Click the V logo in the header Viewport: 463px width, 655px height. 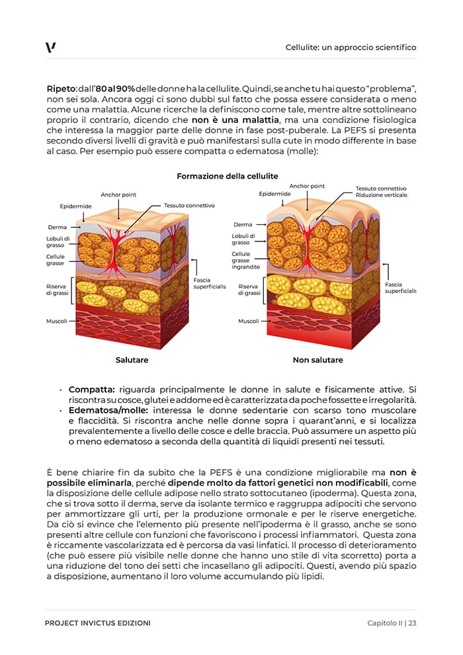click(51, 47)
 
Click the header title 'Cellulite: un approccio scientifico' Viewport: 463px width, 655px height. click(351, 48)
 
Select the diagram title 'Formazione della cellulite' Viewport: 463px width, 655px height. click(227, 176)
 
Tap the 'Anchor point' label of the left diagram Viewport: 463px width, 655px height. click(118, 195)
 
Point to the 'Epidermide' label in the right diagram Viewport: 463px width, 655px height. click(275, 194)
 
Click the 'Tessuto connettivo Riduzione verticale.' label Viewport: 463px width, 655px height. click(382, 192)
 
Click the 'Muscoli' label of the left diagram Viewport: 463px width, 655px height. click(56, 321)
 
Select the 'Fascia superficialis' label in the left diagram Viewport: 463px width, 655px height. click(209, 283)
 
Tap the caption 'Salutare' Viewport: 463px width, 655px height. click(132, 360)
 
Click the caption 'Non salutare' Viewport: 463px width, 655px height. click(317, 360)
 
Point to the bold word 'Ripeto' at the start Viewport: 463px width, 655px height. click(61, 88)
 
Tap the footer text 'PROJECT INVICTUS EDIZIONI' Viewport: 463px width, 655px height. click(97, 623)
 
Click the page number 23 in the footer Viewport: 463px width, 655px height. click(412, 623)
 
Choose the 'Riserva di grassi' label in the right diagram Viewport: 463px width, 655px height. click(248, 290)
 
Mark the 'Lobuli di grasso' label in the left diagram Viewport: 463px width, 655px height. click(58, 242)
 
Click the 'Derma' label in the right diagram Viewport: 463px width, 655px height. click(243, 225)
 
